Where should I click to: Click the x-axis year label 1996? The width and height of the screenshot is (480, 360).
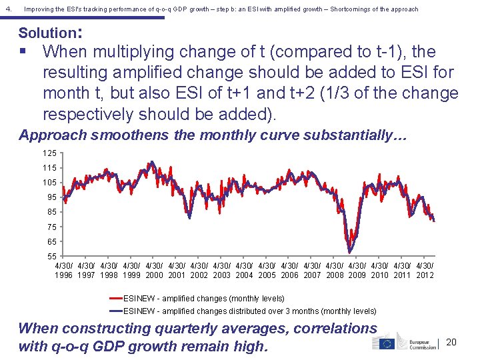(x=64, y=275)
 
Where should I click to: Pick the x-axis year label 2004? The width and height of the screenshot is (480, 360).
(x=245, y=275)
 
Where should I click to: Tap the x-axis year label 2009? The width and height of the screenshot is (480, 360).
(x=357, y=275)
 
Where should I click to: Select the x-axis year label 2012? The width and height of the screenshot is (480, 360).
(x=425, y=275)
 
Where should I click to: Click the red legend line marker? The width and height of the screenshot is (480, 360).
(x=115, y=299)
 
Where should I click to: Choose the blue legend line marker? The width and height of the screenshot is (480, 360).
(x=115, y=311)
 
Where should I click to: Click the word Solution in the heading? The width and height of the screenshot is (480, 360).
(x=47, y=33)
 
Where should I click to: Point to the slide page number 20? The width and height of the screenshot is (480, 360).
(x=451, y=342)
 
